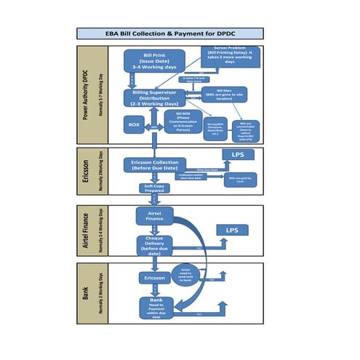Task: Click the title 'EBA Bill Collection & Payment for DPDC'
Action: (x=169, y=33)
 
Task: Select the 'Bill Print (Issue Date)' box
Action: (x=153, y=60)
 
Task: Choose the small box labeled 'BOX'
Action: (x=134, y=125)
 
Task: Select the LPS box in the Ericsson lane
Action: (x=238, y=156)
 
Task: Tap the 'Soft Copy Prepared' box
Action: (x=153, y=188)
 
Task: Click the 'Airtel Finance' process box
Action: (x=153, y=215)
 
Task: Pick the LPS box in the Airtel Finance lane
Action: (x=231, y=230)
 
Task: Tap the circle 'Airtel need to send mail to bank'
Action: (x=186, y=275)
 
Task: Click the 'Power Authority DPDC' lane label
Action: (x=91, y=94)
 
